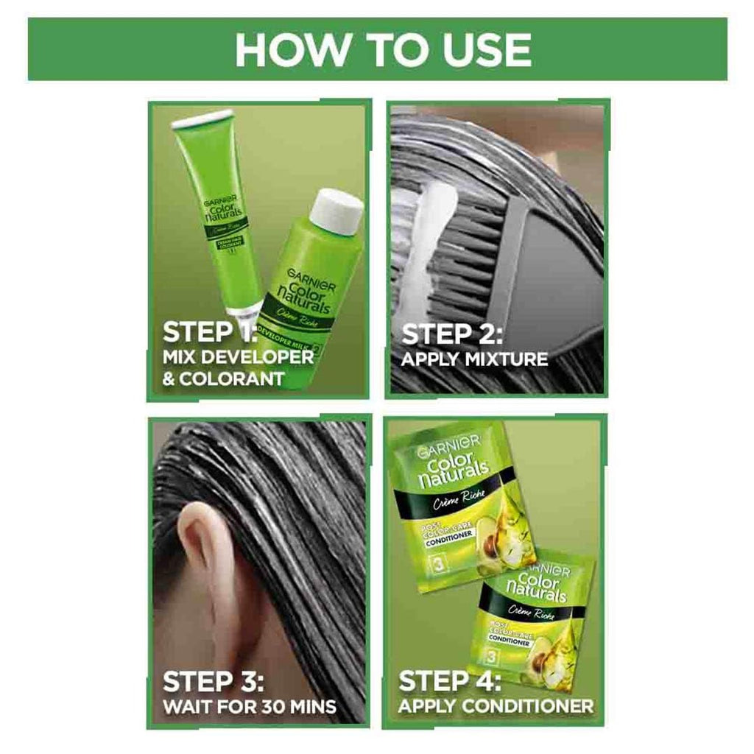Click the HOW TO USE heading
pyautogui.click(x=383, y=49)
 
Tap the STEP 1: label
pyautogui.click(x=208, y=331)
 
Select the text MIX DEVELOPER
pyautogui.click(x=237, y=358)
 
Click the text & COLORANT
pyautogui.click(x=222, y=380)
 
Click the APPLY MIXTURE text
pyautogui.click(x=474, y=360)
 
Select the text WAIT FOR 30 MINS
pyautogui.click(x=249, y=708)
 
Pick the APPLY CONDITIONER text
pyautogui.click(x=496, y=707)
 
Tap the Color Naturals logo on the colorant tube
pyautogui.click(x=219, y=209)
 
